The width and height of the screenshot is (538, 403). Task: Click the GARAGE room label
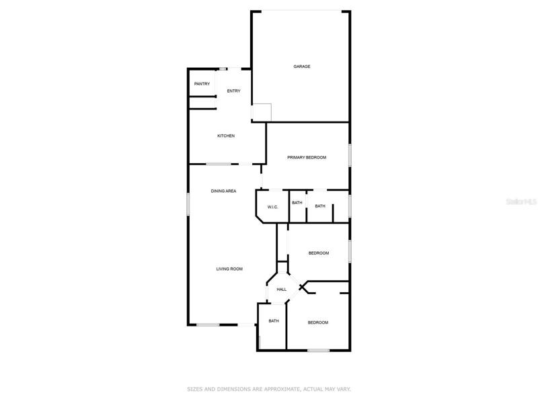(x=301, y=66)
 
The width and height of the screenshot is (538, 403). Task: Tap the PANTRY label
(x=202, y=84)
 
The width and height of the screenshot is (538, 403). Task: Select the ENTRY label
(x=233, y=91)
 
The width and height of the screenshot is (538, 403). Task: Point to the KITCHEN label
(x=226, y=136)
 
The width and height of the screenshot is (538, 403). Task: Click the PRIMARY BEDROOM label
(x=307, y=158)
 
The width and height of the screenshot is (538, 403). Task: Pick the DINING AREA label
(x=223, y=191)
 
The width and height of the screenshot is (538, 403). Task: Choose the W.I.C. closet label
(x=272, y=208)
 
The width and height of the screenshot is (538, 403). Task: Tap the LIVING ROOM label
(x=229, y=269)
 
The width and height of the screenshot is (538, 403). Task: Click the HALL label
(x=281, y=289)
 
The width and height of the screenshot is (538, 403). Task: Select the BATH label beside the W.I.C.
(x=297, y=203)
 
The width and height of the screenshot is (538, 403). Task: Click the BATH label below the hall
(x=274, y=321)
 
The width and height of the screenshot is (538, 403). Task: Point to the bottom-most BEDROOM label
(x=317, y=323)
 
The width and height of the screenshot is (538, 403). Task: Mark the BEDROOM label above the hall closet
(x=318, y=253)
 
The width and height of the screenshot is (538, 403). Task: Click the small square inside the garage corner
(x=262, y=112)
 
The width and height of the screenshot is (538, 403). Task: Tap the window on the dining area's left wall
(x=188, y=204)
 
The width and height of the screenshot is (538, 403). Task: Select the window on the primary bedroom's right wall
(x=350, y=155)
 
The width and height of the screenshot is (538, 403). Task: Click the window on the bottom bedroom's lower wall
(x=318, y=350)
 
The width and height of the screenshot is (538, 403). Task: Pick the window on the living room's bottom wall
(x=208, y=324)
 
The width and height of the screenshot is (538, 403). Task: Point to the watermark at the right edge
(x=522, y=202)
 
